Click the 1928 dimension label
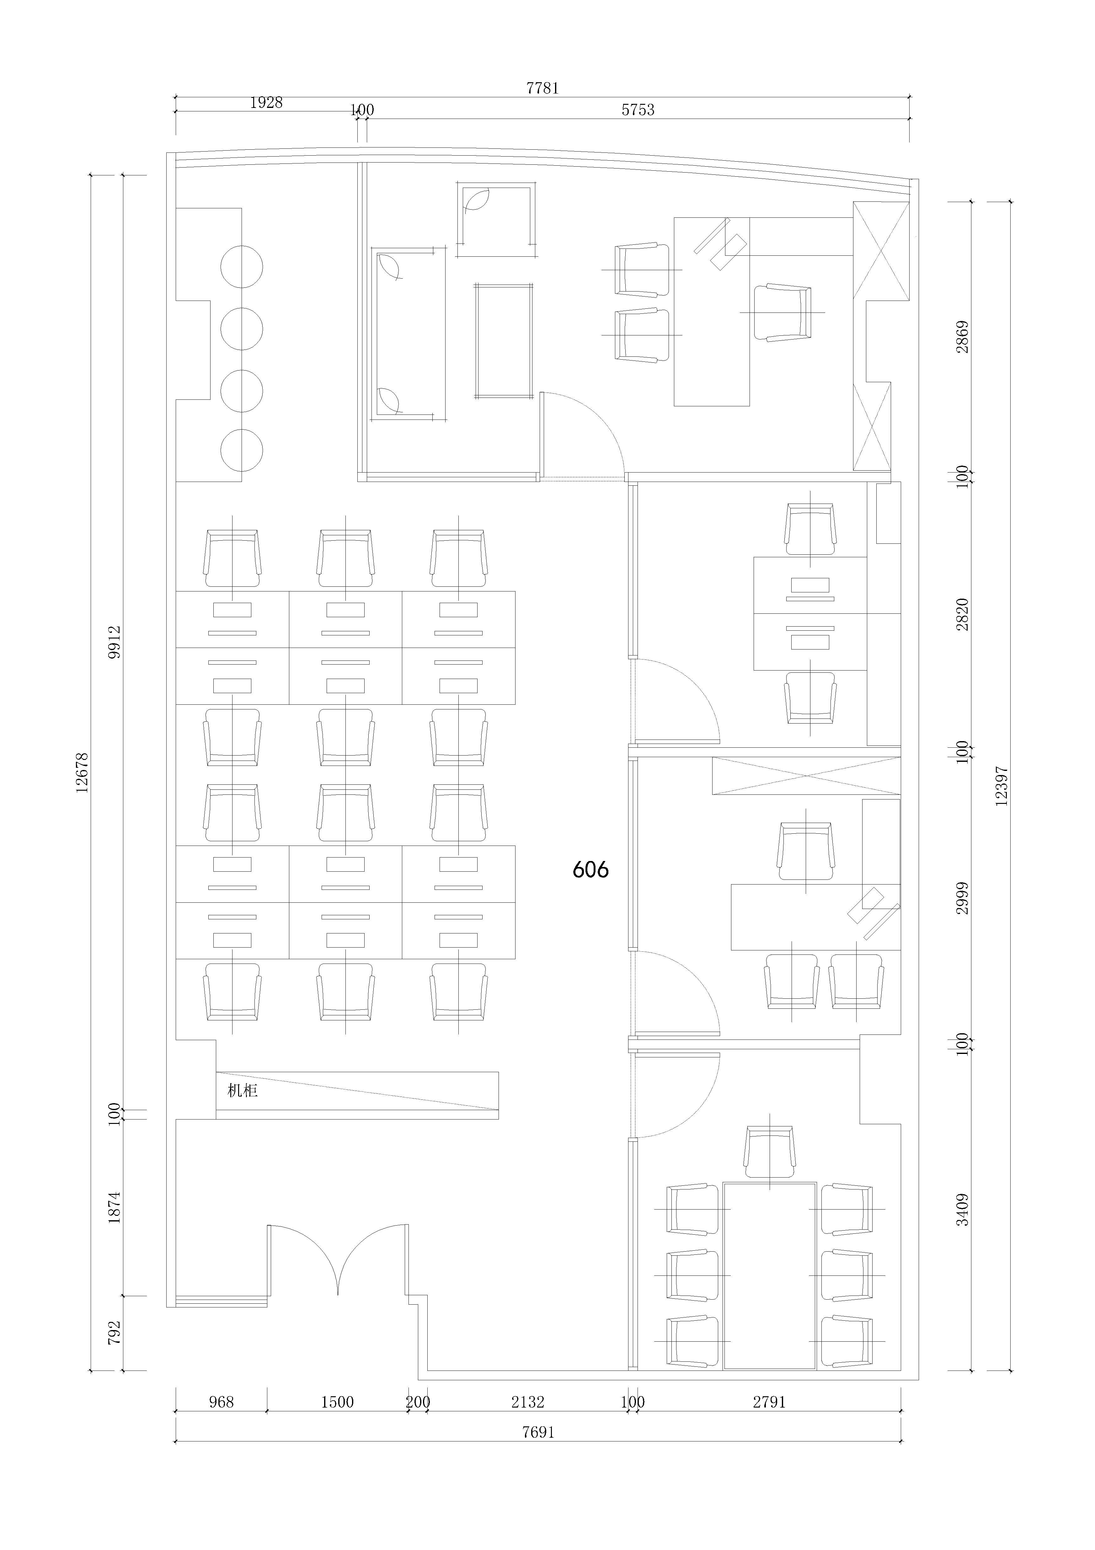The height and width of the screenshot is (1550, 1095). click(x=266, y=103)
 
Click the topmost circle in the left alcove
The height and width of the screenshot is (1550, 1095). click(x=242, y=267)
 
